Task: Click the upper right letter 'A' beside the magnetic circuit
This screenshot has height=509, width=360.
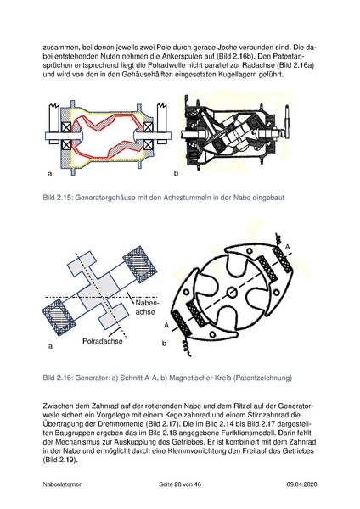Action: (x=288, y=246)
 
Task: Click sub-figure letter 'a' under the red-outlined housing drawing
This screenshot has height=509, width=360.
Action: (x=51, y=173)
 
